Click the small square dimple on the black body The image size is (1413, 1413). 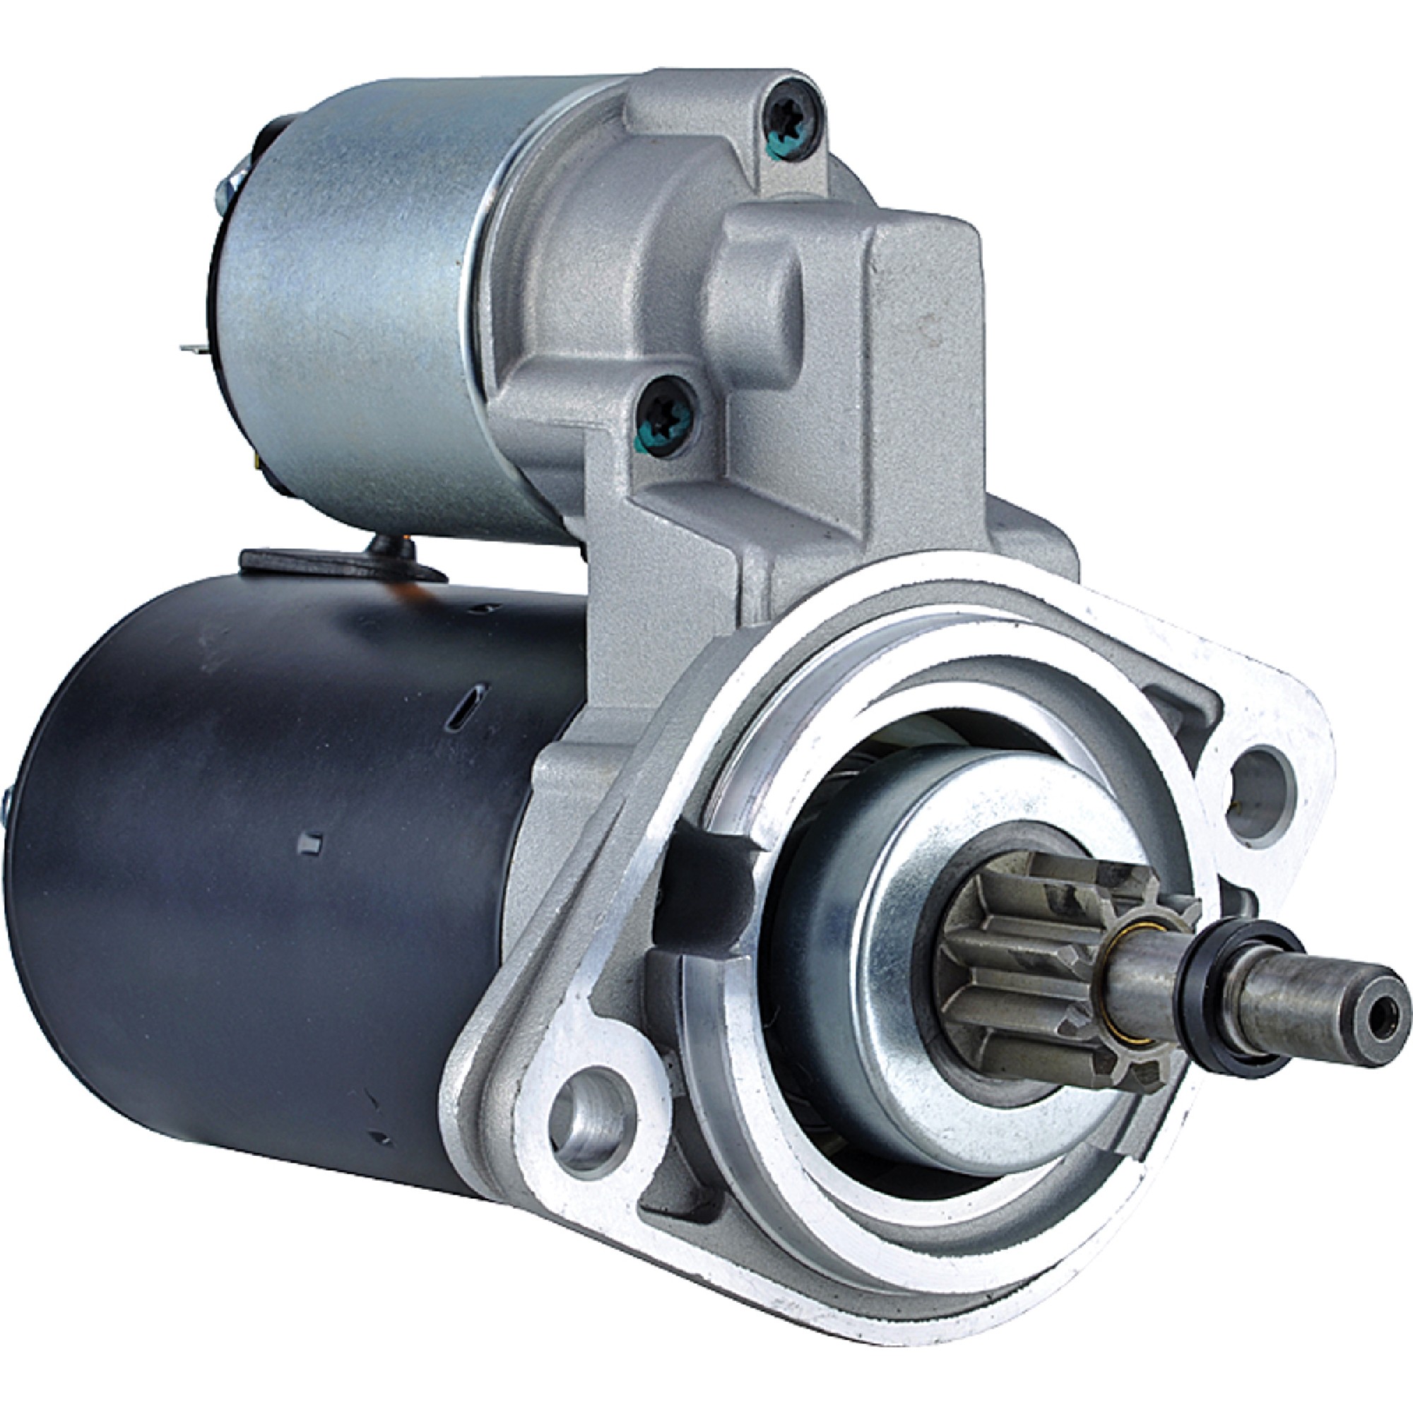(x=311, y=844)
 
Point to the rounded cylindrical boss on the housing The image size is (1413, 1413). (x=757, y=307)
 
